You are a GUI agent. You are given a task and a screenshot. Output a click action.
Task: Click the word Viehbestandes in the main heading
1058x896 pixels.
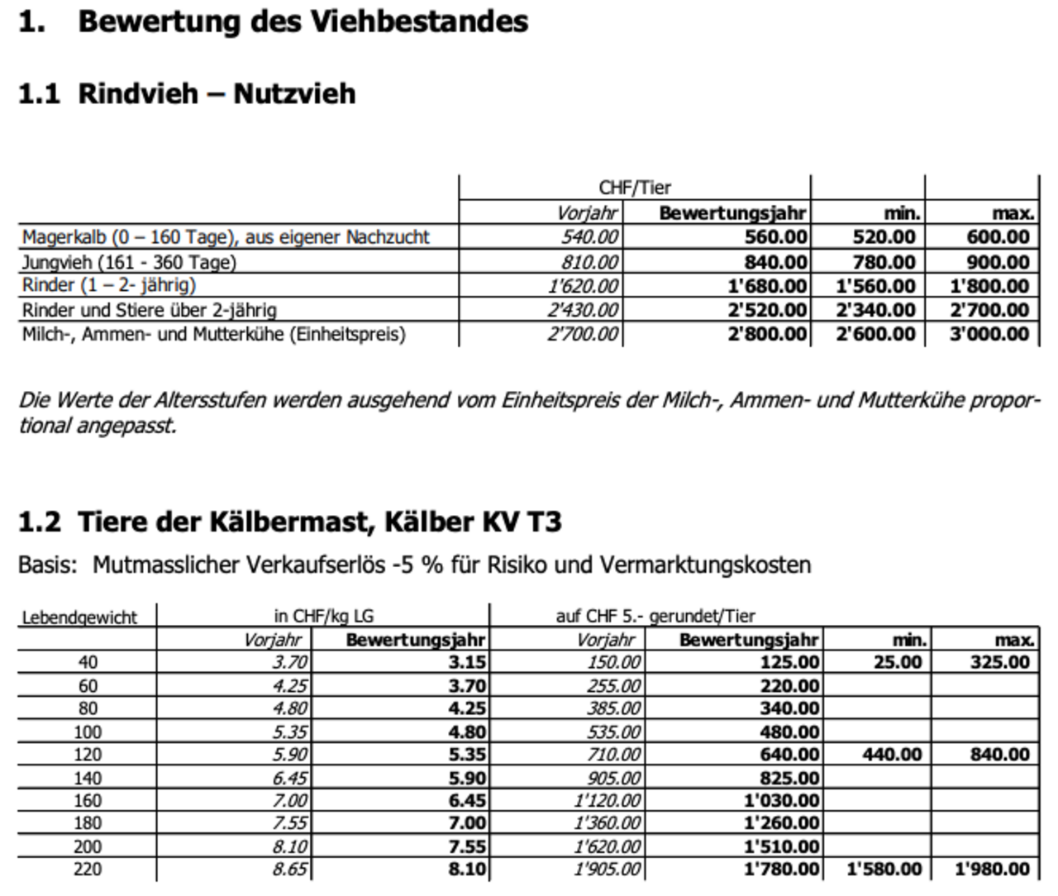click(x=419, y=21)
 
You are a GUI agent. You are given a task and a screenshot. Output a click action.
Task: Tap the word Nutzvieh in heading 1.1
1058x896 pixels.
click(x=294, y=93)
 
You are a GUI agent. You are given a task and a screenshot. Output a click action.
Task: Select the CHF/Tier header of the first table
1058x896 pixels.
click(x=634, y=188)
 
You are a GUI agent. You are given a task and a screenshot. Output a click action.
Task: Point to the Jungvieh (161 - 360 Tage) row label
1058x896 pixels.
click(x=129, y=262)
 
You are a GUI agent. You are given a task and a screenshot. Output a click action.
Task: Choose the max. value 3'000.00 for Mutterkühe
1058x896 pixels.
click(x=989, y=334)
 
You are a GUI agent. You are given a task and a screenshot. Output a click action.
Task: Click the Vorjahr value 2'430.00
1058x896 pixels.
click(x=583, y=310)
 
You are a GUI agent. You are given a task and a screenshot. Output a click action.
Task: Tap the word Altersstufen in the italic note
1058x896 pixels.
click(x=210, y=400)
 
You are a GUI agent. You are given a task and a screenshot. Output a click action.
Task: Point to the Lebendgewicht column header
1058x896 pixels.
click(x=79, y=617)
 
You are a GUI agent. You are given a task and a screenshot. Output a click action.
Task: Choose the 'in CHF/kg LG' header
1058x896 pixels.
click(x=324, y=616)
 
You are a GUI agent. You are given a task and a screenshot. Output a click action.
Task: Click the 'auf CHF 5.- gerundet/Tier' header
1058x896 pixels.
click(x=655, y=616)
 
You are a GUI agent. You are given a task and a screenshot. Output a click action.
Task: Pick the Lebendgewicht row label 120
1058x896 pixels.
click(x=88, y=755)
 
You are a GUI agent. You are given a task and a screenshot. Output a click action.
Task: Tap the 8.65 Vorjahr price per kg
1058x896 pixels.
click(x=289, y=870)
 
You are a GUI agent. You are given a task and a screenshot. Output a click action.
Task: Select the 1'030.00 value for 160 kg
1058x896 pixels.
click(x=781, y=801)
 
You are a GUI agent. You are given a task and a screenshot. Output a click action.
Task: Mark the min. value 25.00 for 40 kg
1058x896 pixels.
click(x=898, y=662)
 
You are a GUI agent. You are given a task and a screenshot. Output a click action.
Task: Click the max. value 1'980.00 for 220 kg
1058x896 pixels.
click(x=992, y=870)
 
